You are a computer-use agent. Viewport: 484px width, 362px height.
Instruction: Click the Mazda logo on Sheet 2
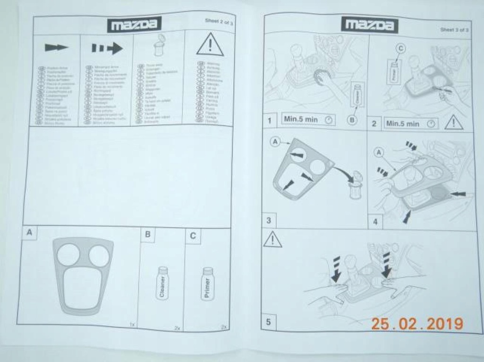pos(134,25)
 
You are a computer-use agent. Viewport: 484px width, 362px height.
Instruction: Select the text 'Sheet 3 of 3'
pos(454,30)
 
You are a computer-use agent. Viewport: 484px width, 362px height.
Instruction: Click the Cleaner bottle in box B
pos(162,283)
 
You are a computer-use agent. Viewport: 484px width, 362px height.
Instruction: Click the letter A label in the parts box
pos(29,232)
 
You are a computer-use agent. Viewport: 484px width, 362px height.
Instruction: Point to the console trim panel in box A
pos(83,275)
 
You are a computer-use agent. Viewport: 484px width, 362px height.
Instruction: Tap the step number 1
pos(269,121)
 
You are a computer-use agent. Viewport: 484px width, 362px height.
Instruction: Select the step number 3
pos(268,220)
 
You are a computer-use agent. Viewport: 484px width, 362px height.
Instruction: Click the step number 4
pos(375,222)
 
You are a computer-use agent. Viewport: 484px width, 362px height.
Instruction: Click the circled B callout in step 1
pos(352,120)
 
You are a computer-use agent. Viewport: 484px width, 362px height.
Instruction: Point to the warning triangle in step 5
pos(272,241)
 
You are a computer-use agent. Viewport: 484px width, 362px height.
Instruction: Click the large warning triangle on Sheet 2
pos(210,45)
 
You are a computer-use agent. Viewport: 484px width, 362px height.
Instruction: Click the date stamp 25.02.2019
pos(416,324)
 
